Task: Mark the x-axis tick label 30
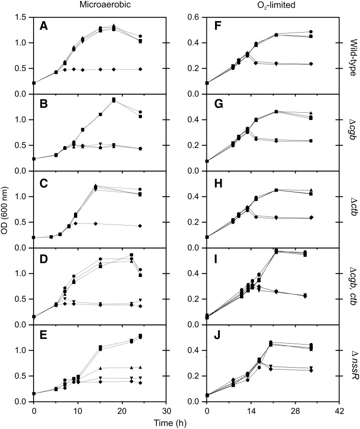tap(166, 411)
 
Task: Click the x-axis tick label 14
tap(251, 411)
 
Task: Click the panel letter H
tap(216, 179)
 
